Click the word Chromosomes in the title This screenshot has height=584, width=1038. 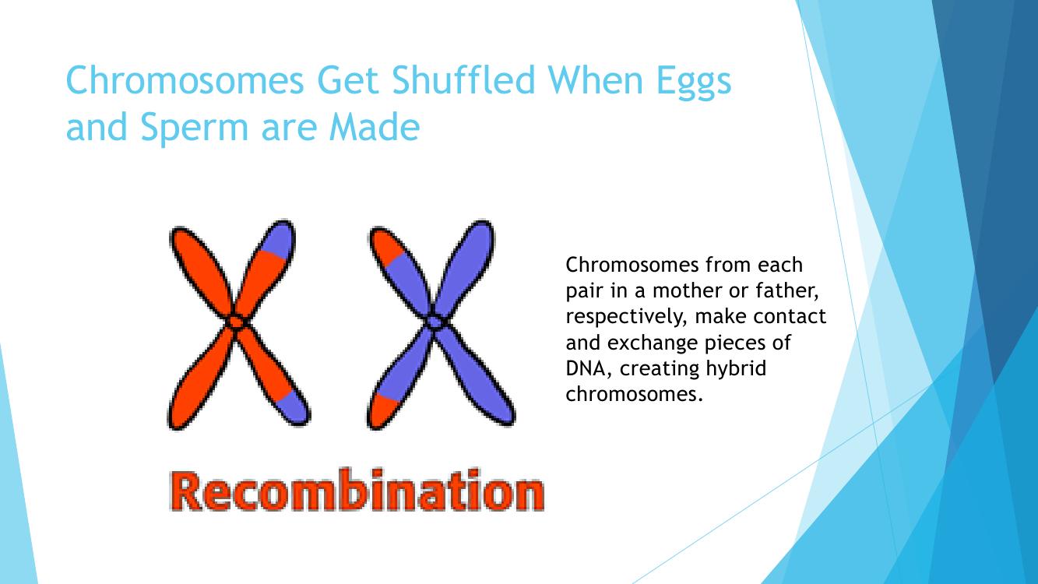tap(185, 79)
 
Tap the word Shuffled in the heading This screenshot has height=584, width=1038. tap(464, 79)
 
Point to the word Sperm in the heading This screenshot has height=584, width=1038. tap(195, 128)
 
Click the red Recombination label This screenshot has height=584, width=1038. tap(357, 491)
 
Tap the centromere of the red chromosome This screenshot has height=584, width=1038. tap(236, 322)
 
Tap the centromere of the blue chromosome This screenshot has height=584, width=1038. tap(435, 321)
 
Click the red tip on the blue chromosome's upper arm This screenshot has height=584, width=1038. tap(385, 245)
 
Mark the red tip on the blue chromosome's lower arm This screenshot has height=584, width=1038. tap(382, 410)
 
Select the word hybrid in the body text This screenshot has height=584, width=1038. tap(736, 369)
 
